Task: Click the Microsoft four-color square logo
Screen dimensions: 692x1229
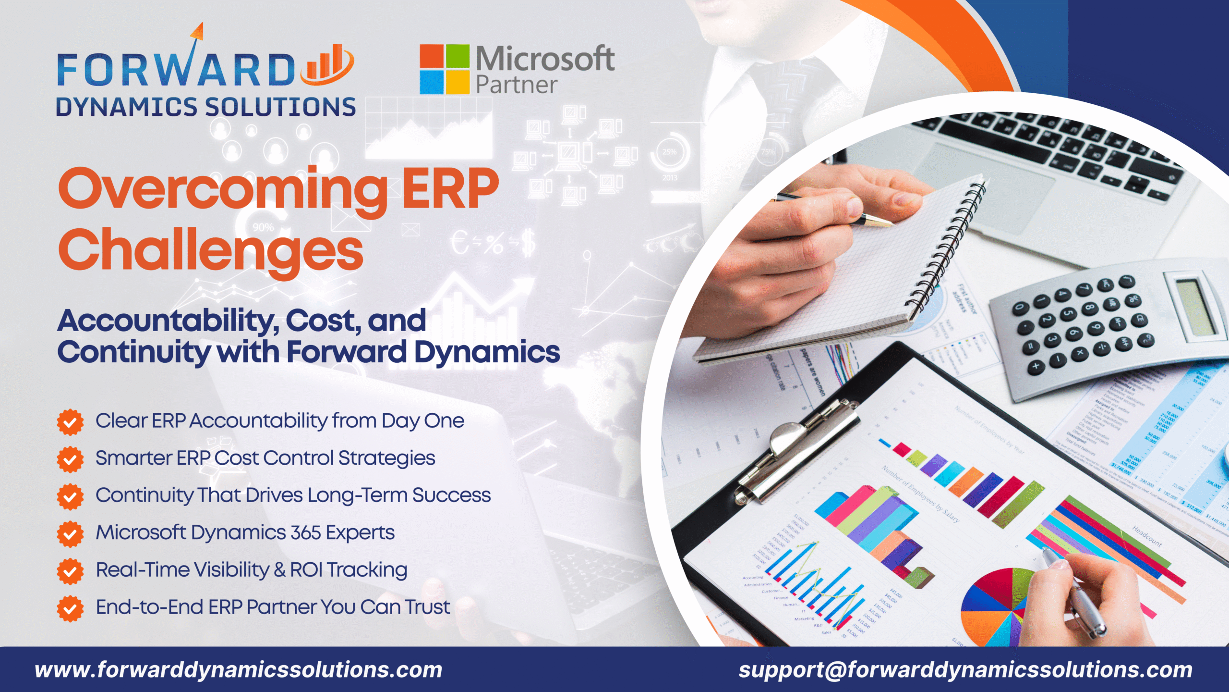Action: pos(444,69)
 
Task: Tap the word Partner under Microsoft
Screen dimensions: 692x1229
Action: pos(516,85)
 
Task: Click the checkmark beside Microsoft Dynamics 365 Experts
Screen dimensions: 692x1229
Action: pos(70,533)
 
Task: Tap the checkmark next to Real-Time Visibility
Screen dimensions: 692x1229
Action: pos(70,571)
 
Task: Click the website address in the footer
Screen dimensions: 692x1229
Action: pos(238,669)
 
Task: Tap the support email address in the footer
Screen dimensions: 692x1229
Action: pos(965,669)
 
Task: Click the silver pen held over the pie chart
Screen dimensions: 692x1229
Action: pos(1075,596)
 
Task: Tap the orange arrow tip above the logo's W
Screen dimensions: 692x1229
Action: pos(198,31)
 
